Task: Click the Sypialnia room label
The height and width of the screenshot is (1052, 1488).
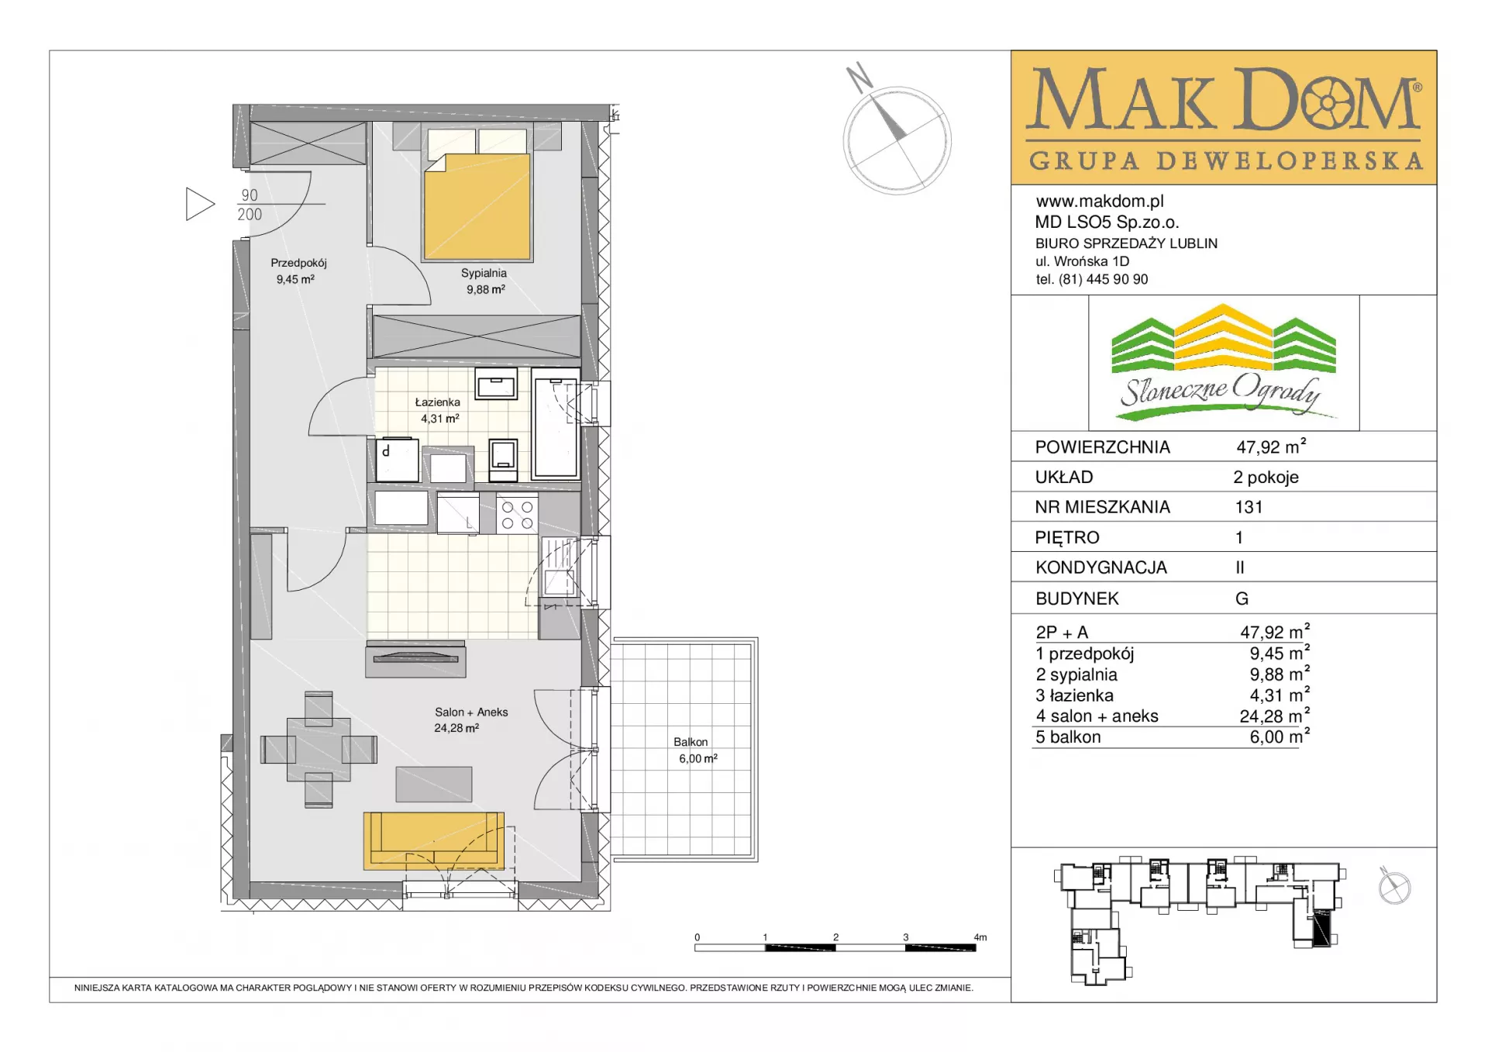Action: tap(484, 273)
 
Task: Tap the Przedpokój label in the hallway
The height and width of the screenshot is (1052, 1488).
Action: tap(298, 263)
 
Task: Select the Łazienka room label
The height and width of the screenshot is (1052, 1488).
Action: tap(437, 402)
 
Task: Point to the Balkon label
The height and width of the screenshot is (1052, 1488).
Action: tap(691, 742)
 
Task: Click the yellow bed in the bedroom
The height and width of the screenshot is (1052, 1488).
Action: tap(477, 205)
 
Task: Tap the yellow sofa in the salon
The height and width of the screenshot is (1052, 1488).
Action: tap(434, 841)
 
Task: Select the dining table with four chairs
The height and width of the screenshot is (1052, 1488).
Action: tap(319, 749)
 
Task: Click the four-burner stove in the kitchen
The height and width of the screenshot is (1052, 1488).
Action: tap(517, 514)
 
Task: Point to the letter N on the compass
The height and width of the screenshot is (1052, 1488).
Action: tap(859, 78)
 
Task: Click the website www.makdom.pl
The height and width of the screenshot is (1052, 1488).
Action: tap(1100, 202)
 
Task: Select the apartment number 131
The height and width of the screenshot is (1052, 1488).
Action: tap(1249, 507)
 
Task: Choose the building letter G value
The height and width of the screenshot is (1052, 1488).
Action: tap(1242, 598)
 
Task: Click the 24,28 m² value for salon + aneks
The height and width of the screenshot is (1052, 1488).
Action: tap(1274, 716)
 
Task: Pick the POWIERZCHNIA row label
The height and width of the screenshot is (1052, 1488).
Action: tap(1102, 447)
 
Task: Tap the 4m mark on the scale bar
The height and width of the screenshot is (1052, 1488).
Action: tap(980, 937)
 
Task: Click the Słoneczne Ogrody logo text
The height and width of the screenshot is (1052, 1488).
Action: tap(1220, 391)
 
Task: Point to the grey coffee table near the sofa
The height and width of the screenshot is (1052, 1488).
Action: tap(434, 784)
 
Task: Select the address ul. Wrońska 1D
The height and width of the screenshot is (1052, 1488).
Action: tap(1082, 261)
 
